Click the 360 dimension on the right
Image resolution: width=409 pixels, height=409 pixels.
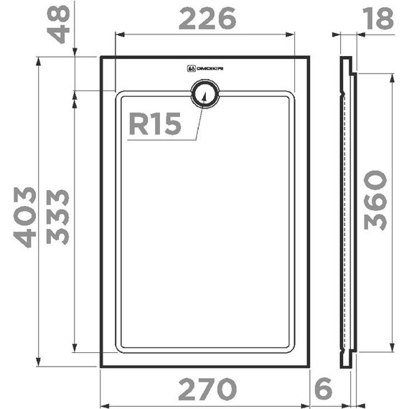pos(374,200)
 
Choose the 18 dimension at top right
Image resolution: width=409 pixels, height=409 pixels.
pos(377,19)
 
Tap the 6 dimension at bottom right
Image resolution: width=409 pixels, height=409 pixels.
pos(324,390)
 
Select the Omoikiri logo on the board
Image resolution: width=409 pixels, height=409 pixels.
pos(205,70)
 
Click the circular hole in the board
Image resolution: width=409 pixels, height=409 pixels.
pos(205,95)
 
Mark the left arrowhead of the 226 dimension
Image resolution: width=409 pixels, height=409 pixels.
pos(119,34)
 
